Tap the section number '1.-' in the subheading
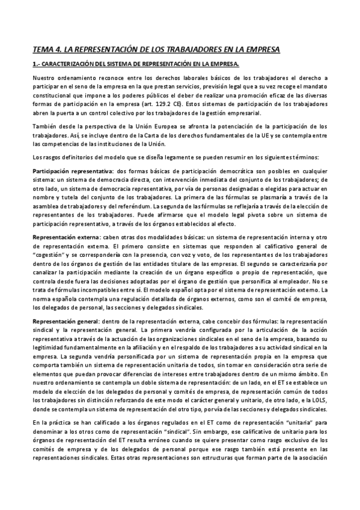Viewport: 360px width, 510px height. click(36, 64)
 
